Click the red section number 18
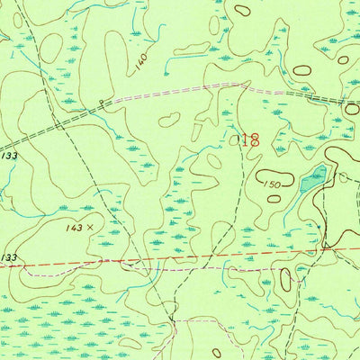click(x=250, y=139)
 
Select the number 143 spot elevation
click(x=76, y=228)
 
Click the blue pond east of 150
click(x=312, y=179)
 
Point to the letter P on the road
click(x=102, y=103)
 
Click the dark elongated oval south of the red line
click(x=285, y=280)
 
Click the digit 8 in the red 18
click(x=255, y=139)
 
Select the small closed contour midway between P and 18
click(x=168, y=119)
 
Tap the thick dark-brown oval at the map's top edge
click(x=241, y=11)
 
